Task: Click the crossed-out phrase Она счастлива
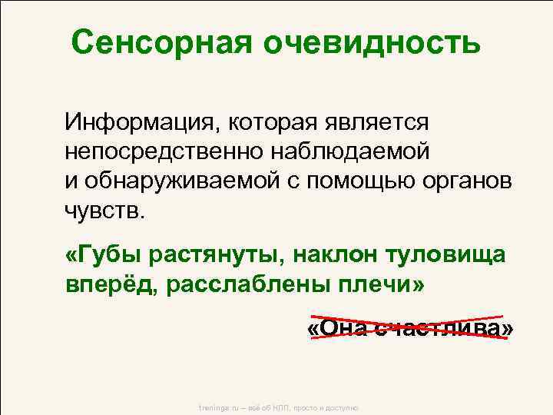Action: pyautogui.click(x=410, y=328)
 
